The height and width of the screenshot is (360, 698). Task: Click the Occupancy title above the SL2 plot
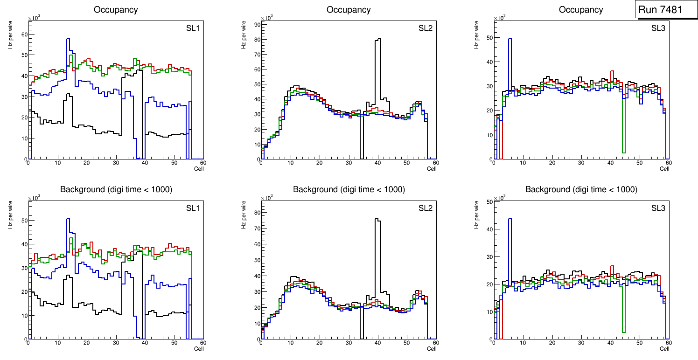pyautogui.click(x=349, y=9)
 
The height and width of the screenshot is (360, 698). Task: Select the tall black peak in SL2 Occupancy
pyautogui.click(x=377, y=40)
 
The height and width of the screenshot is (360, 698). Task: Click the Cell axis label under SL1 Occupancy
pyautogui.click(x=199, y=168)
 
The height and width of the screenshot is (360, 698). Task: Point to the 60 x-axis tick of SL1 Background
pyautogui.click(x=203, y=343)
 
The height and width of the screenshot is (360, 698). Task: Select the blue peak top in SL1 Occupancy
pyautogui.click(x=68, y=40)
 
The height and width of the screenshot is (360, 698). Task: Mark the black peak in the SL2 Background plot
pyautogui.click(x=377, y=220)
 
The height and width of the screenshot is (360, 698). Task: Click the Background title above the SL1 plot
pyautogui.click(x=116, y=189)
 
